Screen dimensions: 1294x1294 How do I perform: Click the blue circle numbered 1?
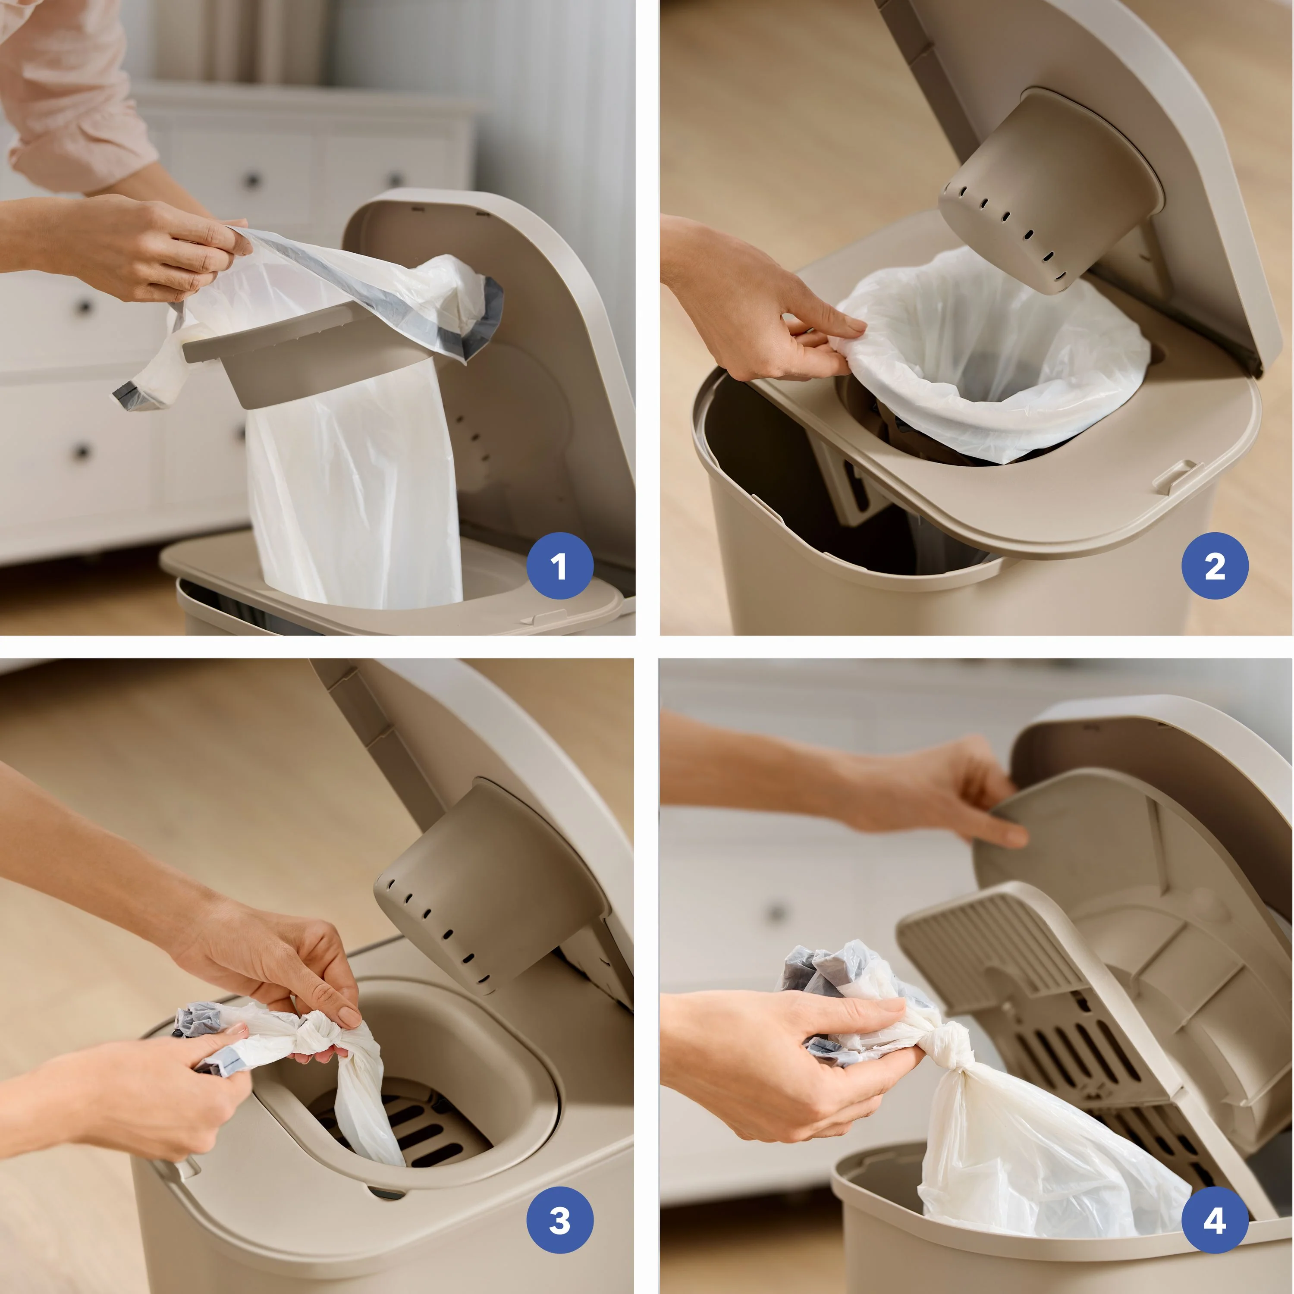point(560,565)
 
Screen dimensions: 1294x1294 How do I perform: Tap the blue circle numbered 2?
point(1215,565)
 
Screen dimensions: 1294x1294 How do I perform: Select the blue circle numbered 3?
point(560,1220)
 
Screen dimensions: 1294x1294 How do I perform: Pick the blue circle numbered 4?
point(1215,1220)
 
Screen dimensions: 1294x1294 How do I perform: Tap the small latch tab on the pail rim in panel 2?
point(1175,474)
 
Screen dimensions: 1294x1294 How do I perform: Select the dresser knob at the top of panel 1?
point(252,179)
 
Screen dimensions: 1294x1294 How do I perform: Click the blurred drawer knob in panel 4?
point(777,912)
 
